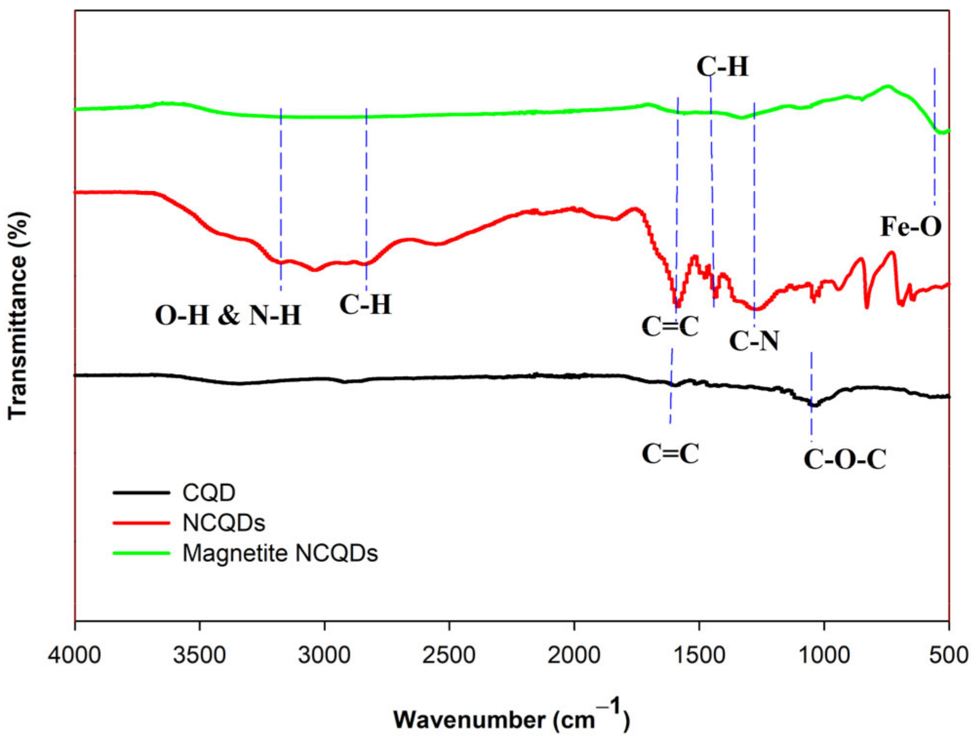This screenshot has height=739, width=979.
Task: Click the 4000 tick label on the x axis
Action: (x=74, y=655)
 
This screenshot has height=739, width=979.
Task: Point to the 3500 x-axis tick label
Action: (x=199, y=655)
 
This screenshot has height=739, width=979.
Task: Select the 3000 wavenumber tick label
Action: (x=324, y=655)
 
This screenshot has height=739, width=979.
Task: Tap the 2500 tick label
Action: (x=449, y=655)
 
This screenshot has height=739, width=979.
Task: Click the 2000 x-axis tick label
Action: (x=574, y=655)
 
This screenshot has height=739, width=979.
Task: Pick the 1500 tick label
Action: (x=699, y=655)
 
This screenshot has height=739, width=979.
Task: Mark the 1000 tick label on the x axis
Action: (x=824, y=655)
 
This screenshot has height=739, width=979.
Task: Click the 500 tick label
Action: (x=948, y=655)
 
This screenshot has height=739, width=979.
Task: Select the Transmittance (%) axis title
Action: (x=19, y=316)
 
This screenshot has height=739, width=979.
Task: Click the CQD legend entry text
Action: (x=209, y=493)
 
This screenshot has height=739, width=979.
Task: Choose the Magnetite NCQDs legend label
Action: (x=280, y=553)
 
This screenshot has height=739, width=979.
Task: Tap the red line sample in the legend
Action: (x=141, y=523)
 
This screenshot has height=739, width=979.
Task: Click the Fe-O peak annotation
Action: (x=911, y=227)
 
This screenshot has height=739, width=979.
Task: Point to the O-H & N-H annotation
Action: (x=228, y=315)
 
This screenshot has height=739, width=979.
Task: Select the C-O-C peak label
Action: (x=845, y=459)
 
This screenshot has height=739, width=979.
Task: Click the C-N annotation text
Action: (x=754, y=340)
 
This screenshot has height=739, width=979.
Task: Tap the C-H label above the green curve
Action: (x=722, y=66)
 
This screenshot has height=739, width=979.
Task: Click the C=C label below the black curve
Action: (x=670, y=454)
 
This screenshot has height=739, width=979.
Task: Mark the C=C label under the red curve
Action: (x=670, y=326)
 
